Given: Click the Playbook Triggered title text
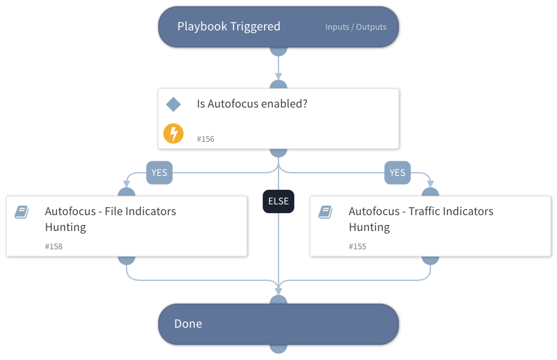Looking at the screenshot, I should [228, 27].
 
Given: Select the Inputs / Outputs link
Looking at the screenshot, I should [356, 27].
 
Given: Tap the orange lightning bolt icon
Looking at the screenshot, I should [173, 133].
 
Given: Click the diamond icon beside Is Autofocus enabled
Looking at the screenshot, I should [173, 104].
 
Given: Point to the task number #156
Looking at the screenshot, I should [205, 139].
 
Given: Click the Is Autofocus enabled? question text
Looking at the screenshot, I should [252, 104].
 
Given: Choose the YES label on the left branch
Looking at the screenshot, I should [160, 172].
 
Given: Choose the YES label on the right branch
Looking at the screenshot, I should [397, 172].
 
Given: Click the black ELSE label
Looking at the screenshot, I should [278, 202].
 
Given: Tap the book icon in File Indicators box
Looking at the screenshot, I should [22, 212].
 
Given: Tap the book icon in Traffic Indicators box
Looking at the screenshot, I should [325, 212].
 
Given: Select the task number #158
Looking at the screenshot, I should [54, 246].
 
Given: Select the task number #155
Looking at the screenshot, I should [358, 246].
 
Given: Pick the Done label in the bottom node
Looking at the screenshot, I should [188, 324].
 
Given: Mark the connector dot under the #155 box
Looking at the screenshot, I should [430, 259].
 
